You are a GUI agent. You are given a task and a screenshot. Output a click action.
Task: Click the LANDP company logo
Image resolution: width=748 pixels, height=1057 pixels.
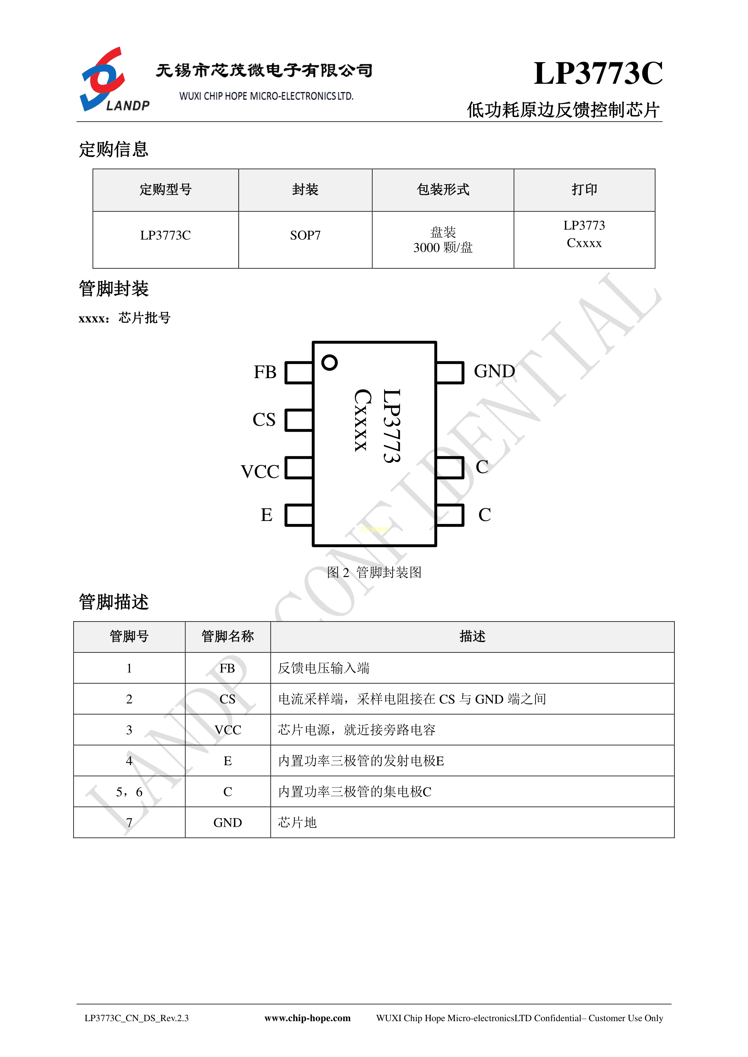(x=115, y=79)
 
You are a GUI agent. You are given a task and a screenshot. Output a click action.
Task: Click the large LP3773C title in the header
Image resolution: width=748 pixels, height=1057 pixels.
(x=598, y=73)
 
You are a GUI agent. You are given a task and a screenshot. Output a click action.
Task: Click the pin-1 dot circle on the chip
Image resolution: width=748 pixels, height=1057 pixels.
(x=329, y=362)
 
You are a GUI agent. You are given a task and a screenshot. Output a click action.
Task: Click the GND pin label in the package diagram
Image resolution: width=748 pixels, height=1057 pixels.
(x=494, y=371)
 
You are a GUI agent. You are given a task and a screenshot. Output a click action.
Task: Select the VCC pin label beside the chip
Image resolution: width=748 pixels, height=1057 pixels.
(x=260, y=472)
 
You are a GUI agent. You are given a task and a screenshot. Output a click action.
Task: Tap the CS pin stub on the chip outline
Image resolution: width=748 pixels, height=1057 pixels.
(x=299, y=420)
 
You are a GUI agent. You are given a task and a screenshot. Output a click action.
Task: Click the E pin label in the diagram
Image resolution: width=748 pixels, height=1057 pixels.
(x=266, y=515)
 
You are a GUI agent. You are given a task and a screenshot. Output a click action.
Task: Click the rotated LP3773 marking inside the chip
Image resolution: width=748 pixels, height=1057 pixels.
(x=392, y=425)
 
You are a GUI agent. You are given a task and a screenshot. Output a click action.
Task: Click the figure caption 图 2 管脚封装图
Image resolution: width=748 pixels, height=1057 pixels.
(x=374, y=572)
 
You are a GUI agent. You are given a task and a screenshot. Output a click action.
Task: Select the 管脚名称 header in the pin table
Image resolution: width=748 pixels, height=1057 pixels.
(x=228, y=636)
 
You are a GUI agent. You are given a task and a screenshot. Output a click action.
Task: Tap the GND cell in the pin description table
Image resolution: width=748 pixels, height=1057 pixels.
(x=228, y=823)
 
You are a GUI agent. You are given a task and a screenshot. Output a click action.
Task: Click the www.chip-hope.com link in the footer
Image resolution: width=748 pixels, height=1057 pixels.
(x=307, y=1018)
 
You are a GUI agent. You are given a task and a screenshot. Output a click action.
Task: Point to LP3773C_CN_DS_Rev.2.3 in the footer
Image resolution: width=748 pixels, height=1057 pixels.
(x=136, y=1018)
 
